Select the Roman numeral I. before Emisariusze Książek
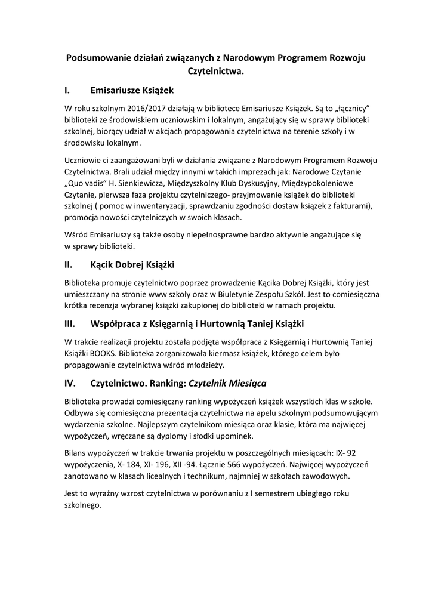[67, 91]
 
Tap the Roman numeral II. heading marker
[69, 263]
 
